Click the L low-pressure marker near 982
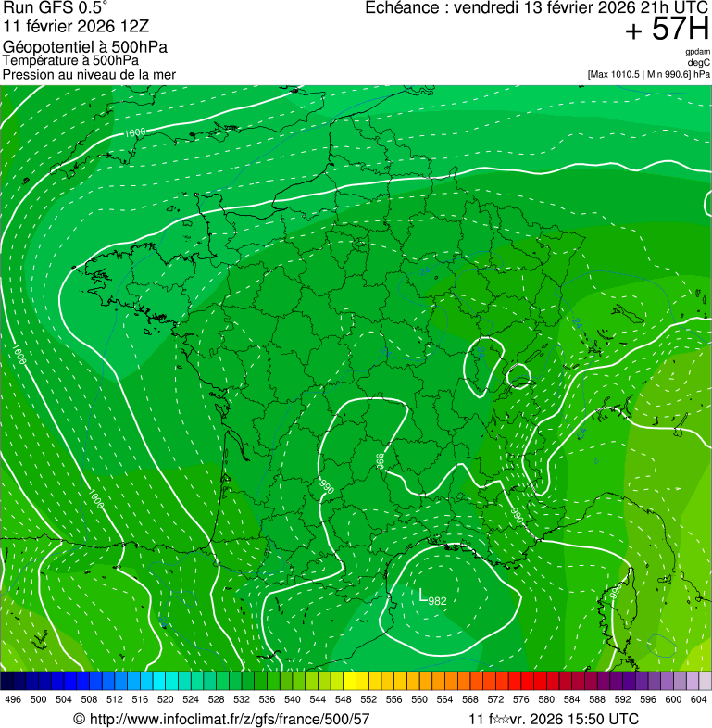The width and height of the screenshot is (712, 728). [423, 596]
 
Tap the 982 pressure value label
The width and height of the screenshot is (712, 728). [438, 601]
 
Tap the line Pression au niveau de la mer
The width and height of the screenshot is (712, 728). [89, 74]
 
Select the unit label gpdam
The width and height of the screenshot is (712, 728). [697, 52]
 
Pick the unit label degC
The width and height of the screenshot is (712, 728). [700, 63]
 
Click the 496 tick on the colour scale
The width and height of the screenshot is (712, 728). [13, 698]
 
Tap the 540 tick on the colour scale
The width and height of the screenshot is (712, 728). [293, 698]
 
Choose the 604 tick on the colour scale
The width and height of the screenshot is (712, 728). [699, 698]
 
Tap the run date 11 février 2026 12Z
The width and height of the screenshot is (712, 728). [83, 27]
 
